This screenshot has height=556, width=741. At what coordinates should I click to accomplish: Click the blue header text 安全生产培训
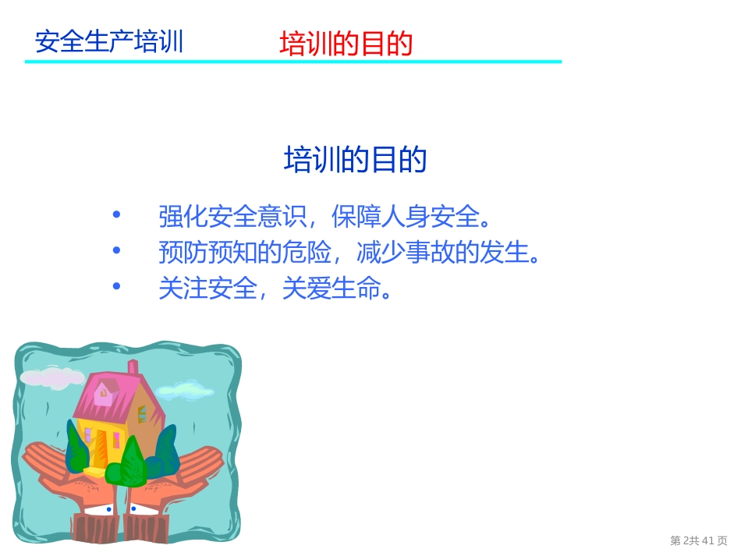tap(109, 41)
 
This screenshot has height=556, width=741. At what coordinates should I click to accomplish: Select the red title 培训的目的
tap(346, 44)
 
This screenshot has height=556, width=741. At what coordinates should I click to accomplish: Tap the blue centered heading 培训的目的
tap(355, 160)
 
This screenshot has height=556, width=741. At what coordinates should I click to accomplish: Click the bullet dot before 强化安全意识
tap(117, 214)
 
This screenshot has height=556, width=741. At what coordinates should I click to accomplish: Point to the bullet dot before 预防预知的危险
tap(117, 250)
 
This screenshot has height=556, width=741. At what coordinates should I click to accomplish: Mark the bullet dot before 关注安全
tap(117, 286)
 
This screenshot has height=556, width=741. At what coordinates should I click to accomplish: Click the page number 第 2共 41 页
tap(698, 540)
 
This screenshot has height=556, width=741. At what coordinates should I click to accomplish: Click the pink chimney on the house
tap(133, 367)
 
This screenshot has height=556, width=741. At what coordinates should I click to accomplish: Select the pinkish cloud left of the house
tap(51, 377)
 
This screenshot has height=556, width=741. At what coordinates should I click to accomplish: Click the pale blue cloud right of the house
tap(184, 389)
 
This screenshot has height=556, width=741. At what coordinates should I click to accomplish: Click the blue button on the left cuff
tap(108, 509)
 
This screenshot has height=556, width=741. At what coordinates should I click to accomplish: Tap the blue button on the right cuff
tap(133, 508)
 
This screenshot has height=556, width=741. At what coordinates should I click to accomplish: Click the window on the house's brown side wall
tap(142, 413)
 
